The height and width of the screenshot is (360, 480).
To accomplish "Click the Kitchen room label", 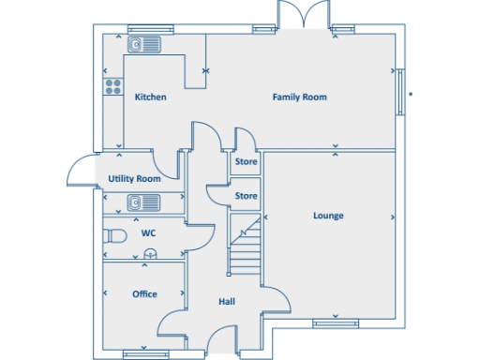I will [x=150, y=97].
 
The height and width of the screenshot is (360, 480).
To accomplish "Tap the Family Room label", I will [x=299, y=97].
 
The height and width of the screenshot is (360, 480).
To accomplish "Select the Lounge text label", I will [x=328, y=216].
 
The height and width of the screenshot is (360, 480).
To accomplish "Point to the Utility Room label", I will [x=134, y=178].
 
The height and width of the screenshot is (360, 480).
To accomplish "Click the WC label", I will [x=148, y=232].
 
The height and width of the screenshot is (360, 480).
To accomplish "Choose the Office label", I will [x=144, y=293].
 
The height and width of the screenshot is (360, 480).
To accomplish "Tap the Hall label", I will [x=227, y=302].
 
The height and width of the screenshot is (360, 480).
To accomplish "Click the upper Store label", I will [x=246, y=162].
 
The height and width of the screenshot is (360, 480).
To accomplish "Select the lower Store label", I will [x=246, y=196].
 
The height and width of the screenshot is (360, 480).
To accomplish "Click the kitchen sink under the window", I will [x=145, y=43].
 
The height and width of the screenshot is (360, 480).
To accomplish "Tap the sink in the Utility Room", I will [x=144, y=202].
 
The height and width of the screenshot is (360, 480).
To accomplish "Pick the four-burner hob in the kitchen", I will [x=113, y=86].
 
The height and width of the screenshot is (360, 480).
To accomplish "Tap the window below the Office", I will [x=143, y=352].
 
